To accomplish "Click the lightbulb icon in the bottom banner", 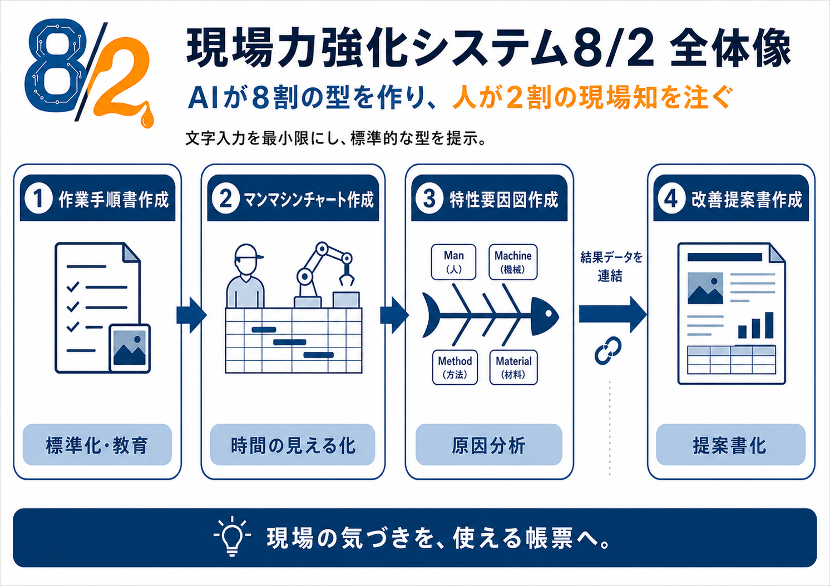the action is coord(233,536).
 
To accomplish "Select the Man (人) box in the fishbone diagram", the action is coord(453,262).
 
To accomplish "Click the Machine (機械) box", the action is coord(513,262).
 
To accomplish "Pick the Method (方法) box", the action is coord(455,368).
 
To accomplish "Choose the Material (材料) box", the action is coord(513,368).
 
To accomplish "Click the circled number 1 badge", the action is coord(38,199).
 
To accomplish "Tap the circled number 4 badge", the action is coord(671,199).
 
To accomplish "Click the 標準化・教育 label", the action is coord(97,445).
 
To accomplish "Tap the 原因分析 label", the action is coord(489,445).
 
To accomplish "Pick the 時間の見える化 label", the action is coord(293,445).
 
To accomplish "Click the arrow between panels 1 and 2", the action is coord(191,315).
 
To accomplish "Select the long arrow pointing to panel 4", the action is coord(613,315).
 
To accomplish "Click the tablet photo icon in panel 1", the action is coord(130,348).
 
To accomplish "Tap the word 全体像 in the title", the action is coord(730,48).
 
